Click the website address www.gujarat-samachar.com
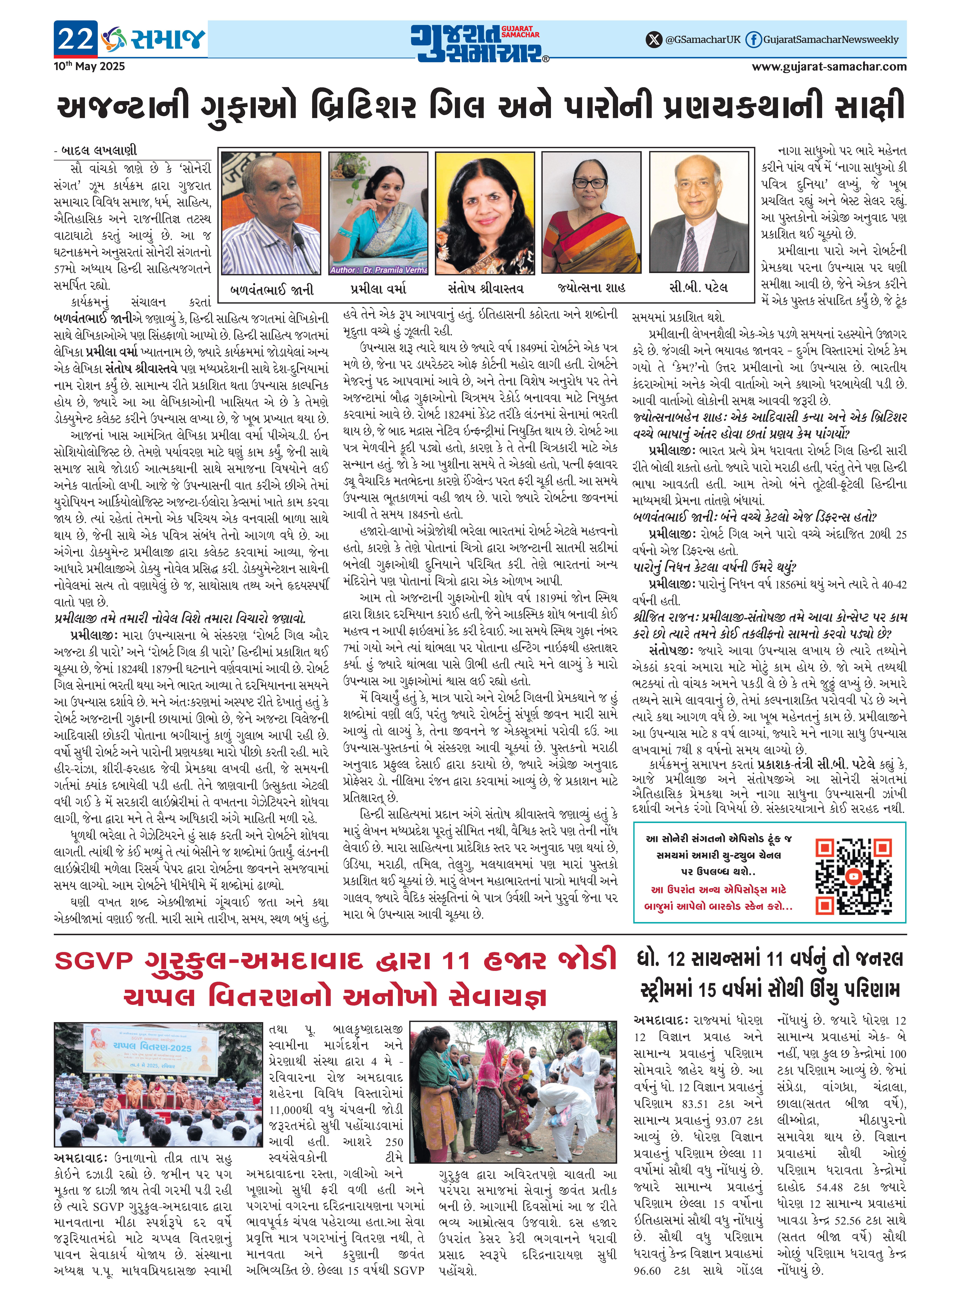coord(829,66)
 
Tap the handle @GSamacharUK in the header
coord(703,40)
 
